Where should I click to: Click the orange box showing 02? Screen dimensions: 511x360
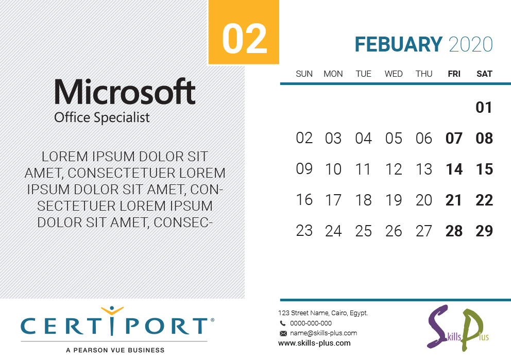pos(244,32)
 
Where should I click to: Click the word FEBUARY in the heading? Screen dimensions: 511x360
pos(398,45)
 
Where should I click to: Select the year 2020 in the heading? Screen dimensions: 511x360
pos(471,45)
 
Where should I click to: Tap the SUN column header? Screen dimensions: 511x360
pos(304,74)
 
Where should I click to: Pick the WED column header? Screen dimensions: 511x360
pos(394,74)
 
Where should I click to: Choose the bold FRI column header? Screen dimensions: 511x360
pos(454,74)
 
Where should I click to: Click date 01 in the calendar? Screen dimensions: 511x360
pos(484,108)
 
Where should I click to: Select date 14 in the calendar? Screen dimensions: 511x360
pos(454,169)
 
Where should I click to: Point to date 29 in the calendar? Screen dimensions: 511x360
pos(484,231)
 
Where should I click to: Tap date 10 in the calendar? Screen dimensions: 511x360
pos(333,169)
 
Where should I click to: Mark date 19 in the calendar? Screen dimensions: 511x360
pos(394,200)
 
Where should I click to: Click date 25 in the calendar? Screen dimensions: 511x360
pos(363,231)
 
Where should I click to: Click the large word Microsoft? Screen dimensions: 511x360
pos(125,92)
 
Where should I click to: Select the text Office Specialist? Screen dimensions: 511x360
pos(101,117)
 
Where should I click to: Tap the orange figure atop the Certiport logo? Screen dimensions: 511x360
pos(112,311)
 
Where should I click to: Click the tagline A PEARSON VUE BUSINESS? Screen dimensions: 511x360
pos(115,350)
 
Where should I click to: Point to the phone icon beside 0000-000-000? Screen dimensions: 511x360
pos(283,323)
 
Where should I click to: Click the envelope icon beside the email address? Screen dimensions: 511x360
pos(283,333)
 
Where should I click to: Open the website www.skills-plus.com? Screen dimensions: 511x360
pos(315,343)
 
